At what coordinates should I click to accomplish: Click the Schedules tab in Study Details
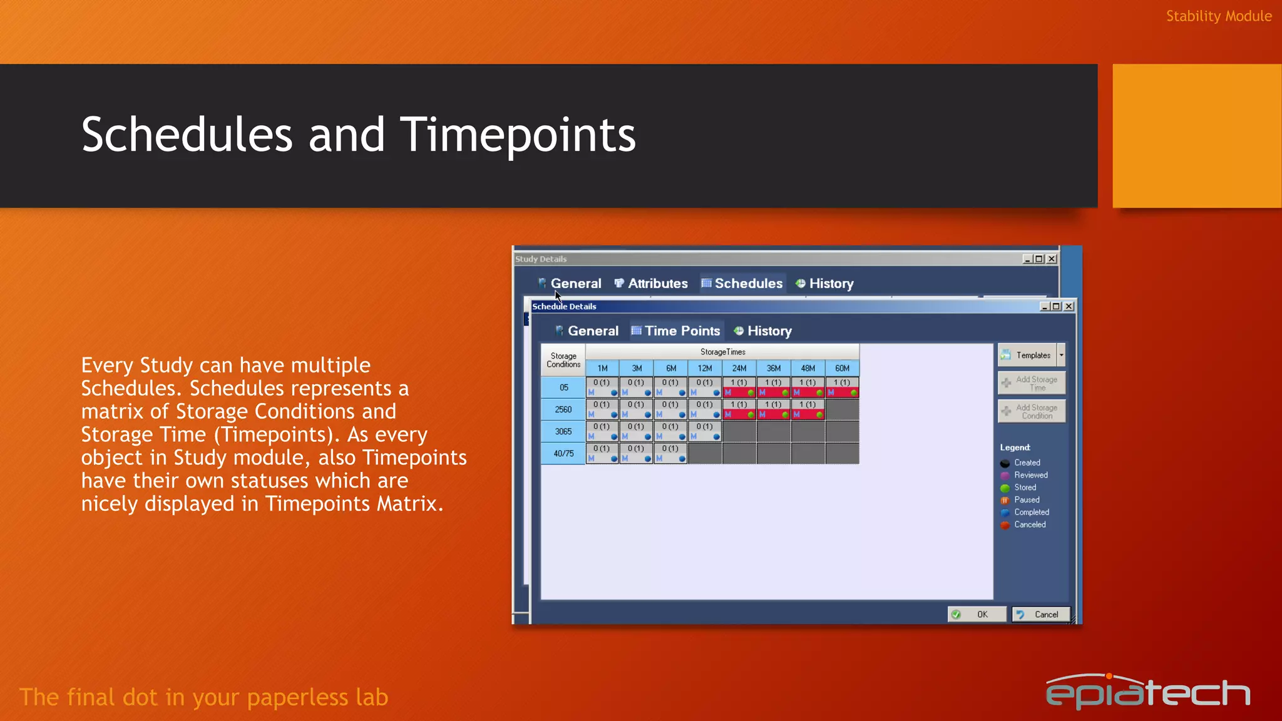(x=742, y=284)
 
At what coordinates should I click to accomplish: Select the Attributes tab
(x=651, y=284)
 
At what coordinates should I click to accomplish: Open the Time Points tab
(x=675, y=331)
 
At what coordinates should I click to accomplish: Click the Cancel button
(x=1040, y=615)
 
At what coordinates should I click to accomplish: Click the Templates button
(x=1027, y=355)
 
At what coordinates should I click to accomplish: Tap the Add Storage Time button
(x=1032, y=383)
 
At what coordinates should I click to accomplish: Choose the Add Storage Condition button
(x=1032, y=411)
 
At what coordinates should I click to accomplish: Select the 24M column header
(x=739, y=369)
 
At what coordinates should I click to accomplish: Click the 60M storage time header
(x=842, y=369)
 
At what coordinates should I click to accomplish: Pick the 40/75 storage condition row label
(x=563, y=454)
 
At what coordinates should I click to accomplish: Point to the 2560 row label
(x=563, y=409)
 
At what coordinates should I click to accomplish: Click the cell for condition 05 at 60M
(x=842, y=387)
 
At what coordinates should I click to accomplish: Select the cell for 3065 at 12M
(x=705, y=431)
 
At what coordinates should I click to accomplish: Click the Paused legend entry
(x=1027, y=500)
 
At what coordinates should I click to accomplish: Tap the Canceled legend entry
(x=1029, y=525)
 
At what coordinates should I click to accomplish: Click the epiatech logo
(x=1147, y=692)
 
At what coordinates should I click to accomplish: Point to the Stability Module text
(x=1218, y=16)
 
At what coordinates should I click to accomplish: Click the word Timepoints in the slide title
(x=518, y=135)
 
